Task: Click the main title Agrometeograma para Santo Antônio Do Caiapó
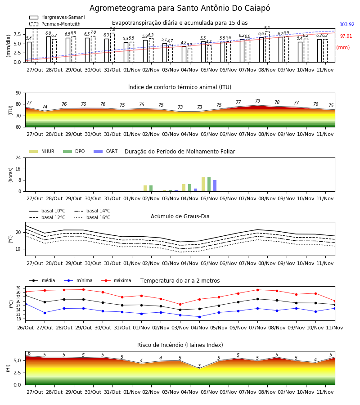click(180, 8)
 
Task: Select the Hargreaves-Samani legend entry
click(57, 17)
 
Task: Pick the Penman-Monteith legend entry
click(55, 24)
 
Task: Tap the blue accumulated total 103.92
click(347, 25)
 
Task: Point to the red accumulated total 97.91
click(346, 36)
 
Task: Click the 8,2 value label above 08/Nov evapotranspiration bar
click(267, 28)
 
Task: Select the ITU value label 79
click(258, 101)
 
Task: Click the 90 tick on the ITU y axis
click(18, 93)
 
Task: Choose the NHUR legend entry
click(42, 151)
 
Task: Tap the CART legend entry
click(106, 151)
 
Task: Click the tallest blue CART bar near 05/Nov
click(215, 186)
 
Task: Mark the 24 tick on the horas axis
click(18, 158)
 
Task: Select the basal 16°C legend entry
click(92, 217)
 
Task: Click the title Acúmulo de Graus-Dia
click(180, 216)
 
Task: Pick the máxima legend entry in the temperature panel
click(116, 280)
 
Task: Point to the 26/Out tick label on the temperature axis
click(25, 328)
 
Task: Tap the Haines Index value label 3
click(199, 366)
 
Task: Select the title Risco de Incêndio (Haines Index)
click(180, 345)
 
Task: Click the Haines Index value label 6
click(29, 353)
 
